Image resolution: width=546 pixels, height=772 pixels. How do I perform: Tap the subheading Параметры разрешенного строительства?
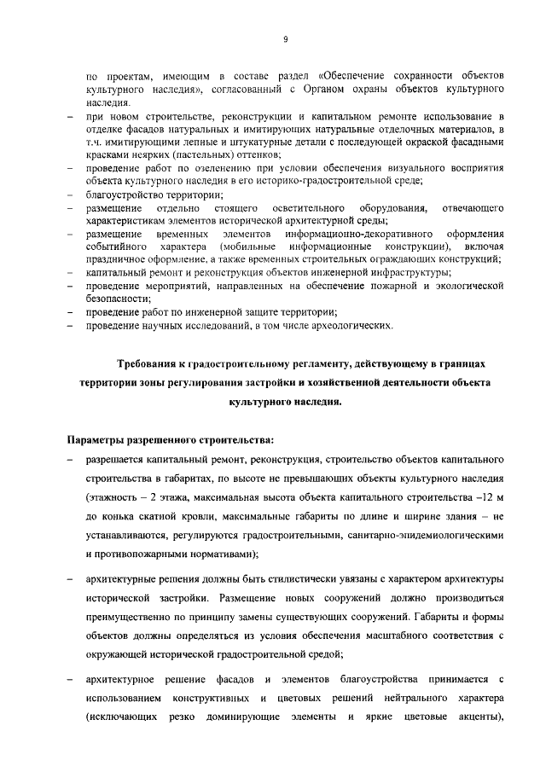(x=171, y=440)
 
